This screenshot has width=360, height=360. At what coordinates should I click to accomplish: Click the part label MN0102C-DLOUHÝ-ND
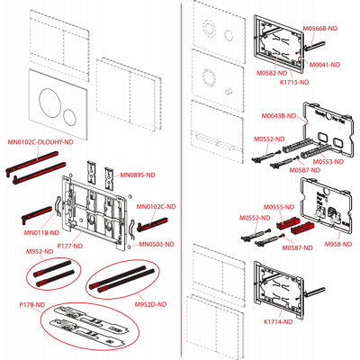tap(40, 142)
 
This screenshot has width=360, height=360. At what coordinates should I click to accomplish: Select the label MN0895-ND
tap(138, 175)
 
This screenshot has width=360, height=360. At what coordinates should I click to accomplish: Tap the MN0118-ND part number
tap(41, 232)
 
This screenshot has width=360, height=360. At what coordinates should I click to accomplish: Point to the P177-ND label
tap(70, 246)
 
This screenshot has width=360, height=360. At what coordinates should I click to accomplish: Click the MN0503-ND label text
tap(157, 245)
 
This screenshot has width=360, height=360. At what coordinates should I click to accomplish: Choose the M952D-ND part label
tap(150, 304)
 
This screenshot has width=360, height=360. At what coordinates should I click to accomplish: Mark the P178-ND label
tap(32, 305)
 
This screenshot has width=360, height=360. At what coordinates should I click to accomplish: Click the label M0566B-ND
tap(320, 29)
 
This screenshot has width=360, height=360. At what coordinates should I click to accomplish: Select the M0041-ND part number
tap(325, 65)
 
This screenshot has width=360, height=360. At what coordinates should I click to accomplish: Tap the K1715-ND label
tap(294, 82)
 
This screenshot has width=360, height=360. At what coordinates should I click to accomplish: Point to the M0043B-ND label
tap(279, 116)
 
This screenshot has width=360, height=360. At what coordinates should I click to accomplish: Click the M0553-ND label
tap(328, 162)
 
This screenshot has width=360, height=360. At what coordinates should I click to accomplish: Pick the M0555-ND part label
tap(279, 207)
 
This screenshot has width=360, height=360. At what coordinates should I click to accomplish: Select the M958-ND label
tap(338, 245)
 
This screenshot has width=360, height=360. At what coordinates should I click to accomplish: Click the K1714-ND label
tap(278, 322)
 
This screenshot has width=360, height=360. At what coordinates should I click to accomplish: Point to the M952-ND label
tap(40, 252)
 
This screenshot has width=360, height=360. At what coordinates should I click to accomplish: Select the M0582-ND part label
tap(272, 73)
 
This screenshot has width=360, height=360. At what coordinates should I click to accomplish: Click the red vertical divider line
tap(182, 180)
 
